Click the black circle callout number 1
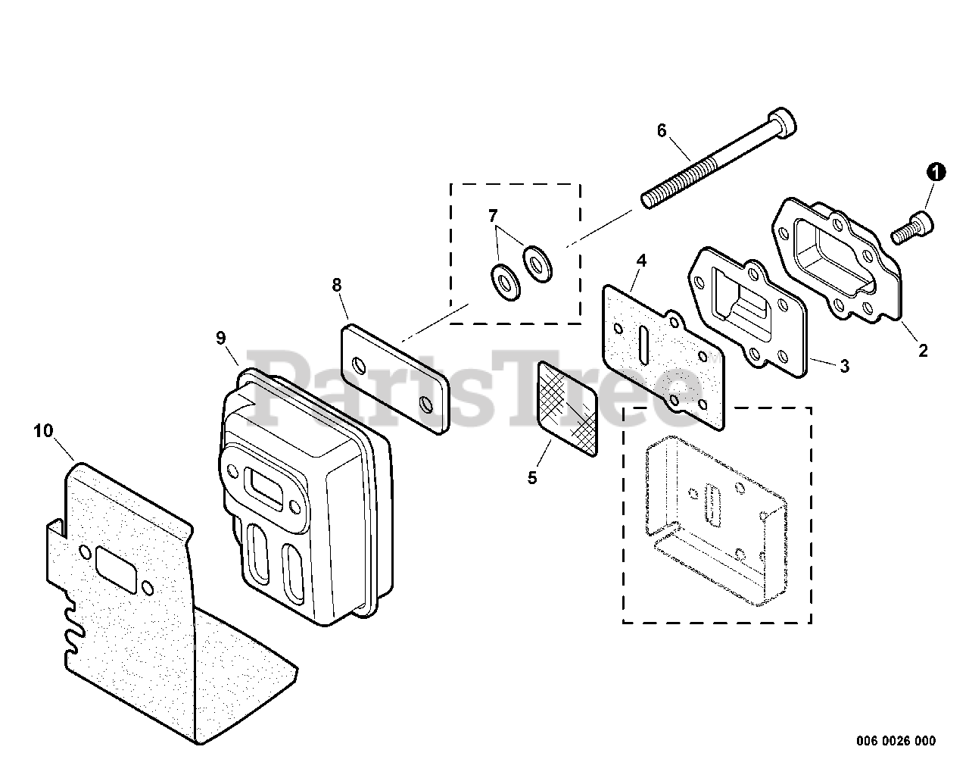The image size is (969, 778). (x=936, y=173)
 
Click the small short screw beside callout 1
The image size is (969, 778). (x=911, y=229)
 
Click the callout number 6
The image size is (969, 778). (x=662, y=131)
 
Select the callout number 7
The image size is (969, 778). (x=494, y=216)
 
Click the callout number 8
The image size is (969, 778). (x=337, y=285)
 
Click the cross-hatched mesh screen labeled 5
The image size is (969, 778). (x=567, y=408)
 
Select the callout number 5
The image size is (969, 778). (x=532, y=478)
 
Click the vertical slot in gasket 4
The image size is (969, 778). (x=641, y=348)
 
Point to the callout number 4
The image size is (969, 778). (x=641, y=261)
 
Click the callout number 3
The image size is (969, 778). (x=844, y=367)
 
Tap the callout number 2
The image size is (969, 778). (x=923, y=350)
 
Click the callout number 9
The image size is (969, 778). (x=220, y=338)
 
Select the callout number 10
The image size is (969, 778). (x=44, y=431)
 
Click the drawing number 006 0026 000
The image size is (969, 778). (x=898, y=740)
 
